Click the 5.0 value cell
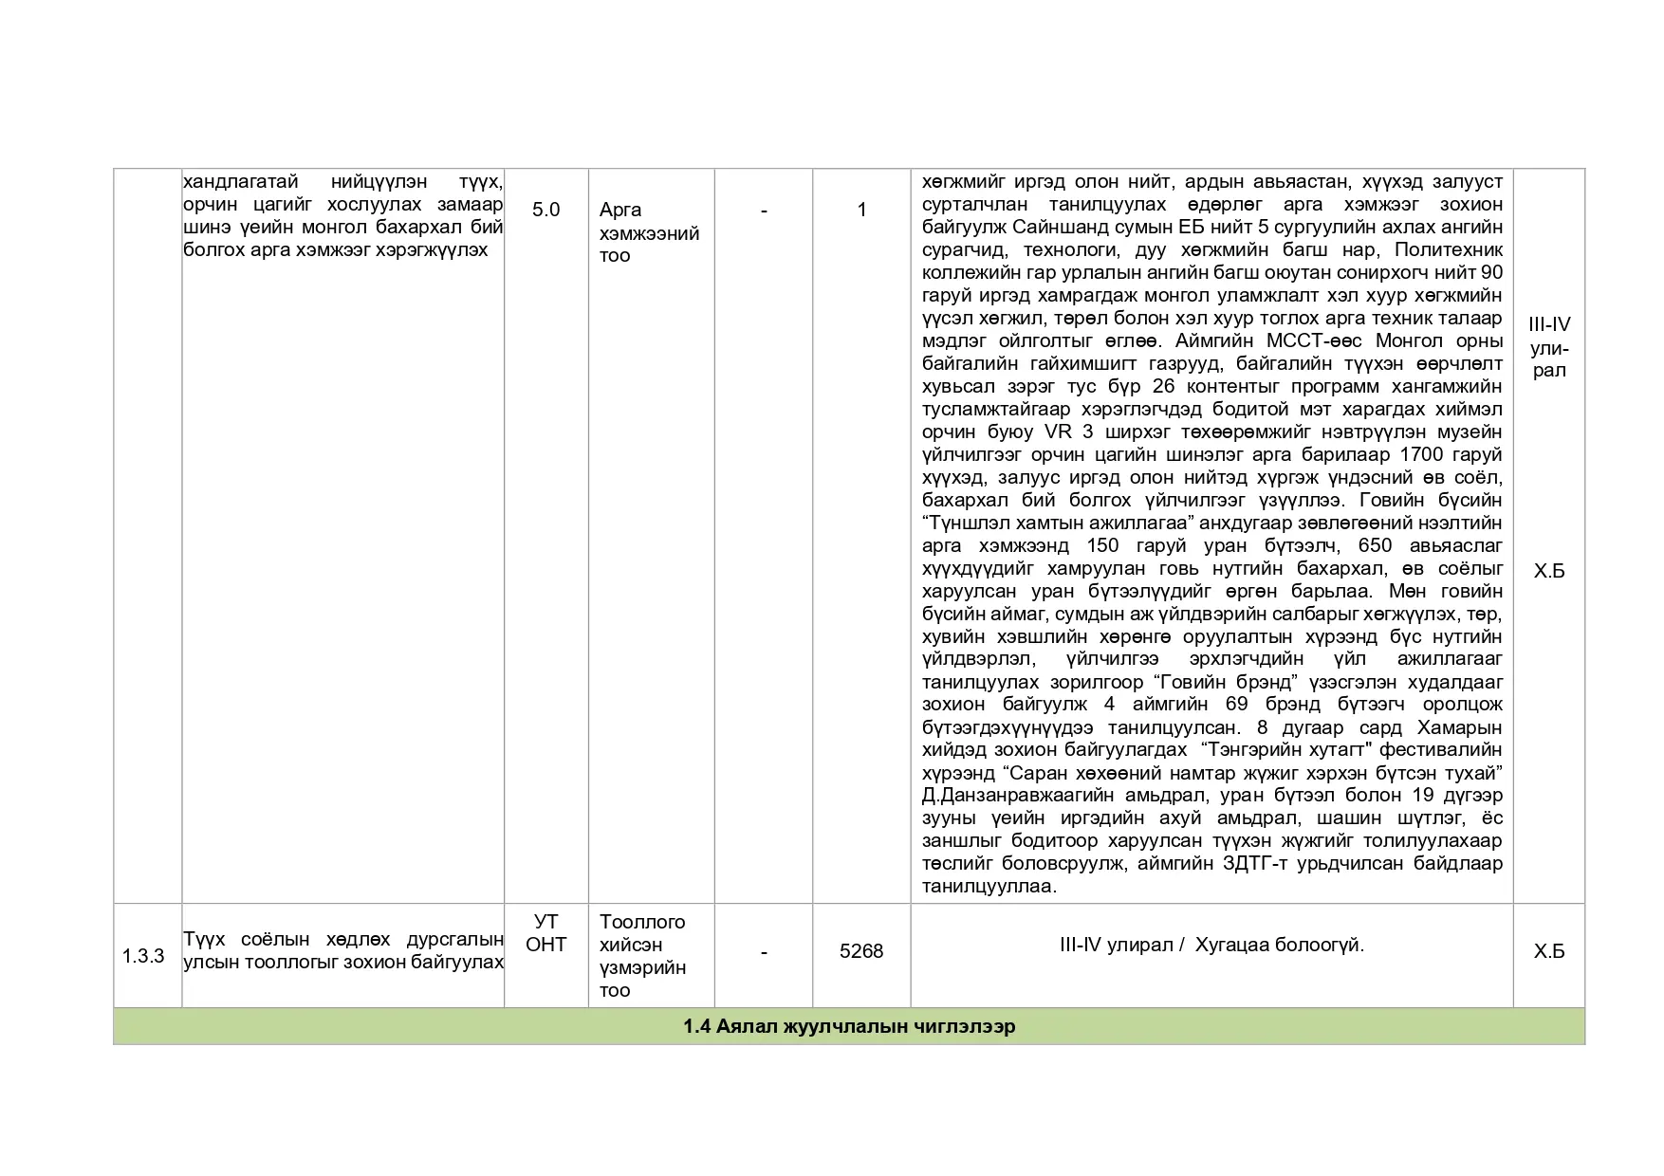pyautogui.click(x=545, y=210)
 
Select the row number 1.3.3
pyautogui.click(x=143, y=956)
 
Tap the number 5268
pyautogui.click(x=860, y=951)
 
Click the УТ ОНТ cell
pyautogui.click(x=545, y=933)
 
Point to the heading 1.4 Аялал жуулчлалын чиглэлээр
pyautogui.click(x=848, y=1027)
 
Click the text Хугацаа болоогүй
pyautogui.click(x=1279, y=945)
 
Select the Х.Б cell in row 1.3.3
pyautogui.click(x=1548, y=951)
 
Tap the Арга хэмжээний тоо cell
pyautogui.click(x=649, y=232)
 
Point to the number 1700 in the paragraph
pyautogui.click(x=1420, y=454)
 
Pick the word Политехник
pyautogui.click(x=1450, y=249)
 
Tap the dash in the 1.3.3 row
pyautogui.click(x=764, y=951)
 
